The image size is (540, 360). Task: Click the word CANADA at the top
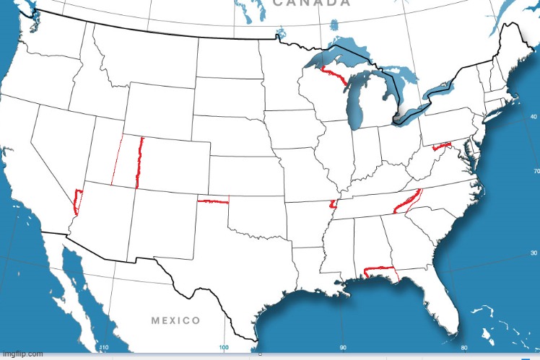[x=312, y=4]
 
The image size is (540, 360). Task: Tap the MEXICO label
[x=175, y=320]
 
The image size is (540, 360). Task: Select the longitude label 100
[x=223, y=348]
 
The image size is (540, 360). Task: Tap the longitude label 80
[x=464, y=348]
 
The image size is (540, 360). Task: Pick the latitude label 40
[x=534, y=116]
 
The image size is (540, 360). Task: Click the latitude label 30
[x=534, y=253]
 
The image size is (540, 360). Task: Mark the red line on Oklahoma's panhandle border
[x=213, y=202]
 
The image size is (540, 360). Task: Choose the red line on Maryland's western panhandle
[x=442, y=146]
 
